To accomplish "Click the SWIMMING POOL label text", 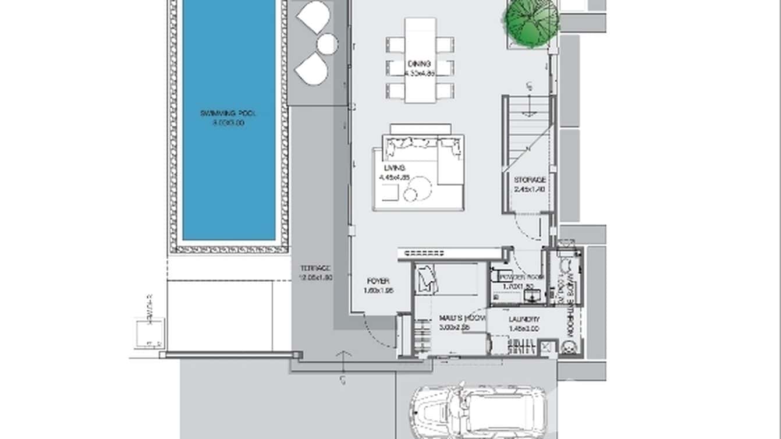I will click(228, 114).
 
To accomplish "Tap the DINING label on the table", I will click(419, 64).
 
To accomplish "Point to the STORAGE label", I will click(530, 180).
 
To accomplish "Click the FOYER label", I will click(378, 281).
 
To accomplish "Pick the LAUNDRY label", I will click(524, 320).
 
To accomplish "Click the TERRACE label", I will click(315, 268).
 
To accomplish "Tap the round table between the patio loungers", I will click(327, 44).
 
